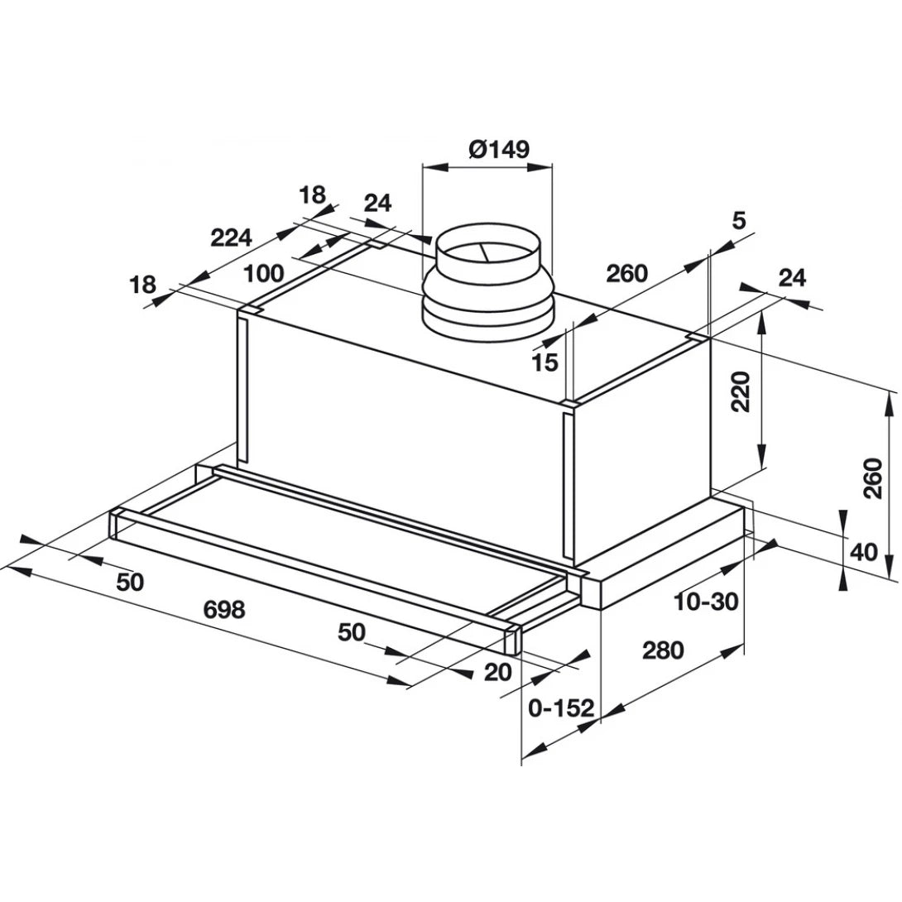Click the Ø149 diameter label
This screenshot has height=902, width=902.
pos(498,149)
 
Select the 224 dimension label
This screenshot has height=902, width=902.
pos(230,238)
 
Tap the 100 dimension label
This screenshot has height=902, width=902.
pos(264,273)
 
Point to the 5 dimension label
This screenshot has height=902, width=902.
pos(738,220)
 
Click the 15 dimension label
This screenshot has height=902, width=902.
pos(546,362)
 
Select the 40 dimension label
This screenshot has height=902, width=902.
pos(862,551)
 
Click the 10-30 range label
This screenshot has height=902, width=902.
pos(705,602)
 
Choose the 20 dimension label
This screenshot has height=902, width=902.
pos(498,673)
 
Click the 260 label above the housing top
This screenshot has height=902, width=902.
pos(626,274)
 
